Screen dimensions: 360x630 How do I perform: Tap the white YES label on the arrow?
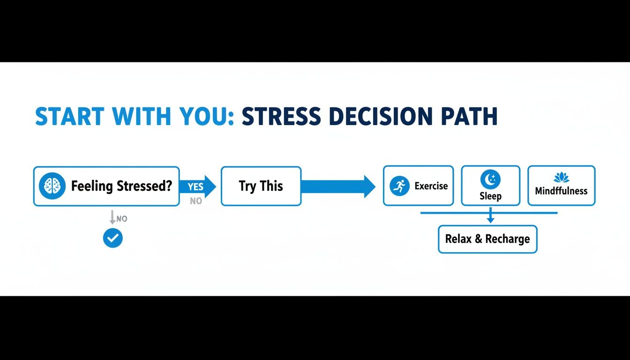tap(195, 187)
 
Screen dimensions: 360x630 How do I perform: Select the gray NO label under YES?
tap(196, 201)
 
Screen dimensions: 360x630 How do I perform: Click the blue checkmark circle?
tap(112, 238)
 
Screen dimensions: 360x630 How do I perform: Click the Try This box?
tap(261, 186)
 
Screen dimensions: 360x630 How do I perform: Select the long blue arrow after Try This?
tap(337, 186)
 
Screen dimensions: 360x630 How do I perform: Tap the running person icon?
tap(400, 186)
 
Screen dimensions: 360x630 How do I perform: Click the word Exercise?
tap(431, 186)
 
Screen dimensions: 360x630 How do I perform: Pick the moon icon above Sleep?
tap(490, 179)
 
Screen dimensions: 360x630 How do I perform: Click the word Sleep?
tap(490, 196)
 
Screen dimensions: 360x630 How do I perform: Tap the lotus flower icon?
tap(561, 178)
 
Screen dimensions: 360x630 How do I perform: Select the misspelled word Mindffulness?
tap(561, 191)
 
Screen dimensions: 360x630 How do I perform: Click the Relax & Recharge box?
tap(487, 239)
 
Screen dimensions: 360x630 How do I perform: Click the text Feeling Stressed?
tap(121, 186)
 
